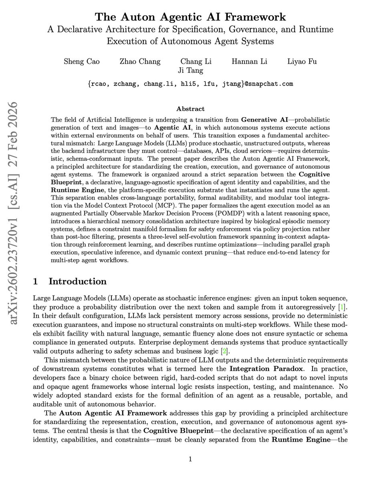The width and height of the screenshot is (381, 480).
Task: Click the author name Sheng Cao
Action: (82, 61)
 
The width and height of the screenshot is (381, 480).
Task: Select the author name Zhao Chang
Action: (140, 61)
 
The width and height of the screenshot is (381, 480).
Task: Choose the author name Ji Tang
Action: (191, 70)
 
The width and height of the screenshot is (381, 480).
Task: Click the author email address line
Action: (190, 84)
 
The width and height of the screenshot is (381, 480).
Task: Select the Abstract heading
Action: (190, 109)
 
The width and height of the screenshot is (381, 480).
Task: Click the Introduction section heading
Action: (77, 281)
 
